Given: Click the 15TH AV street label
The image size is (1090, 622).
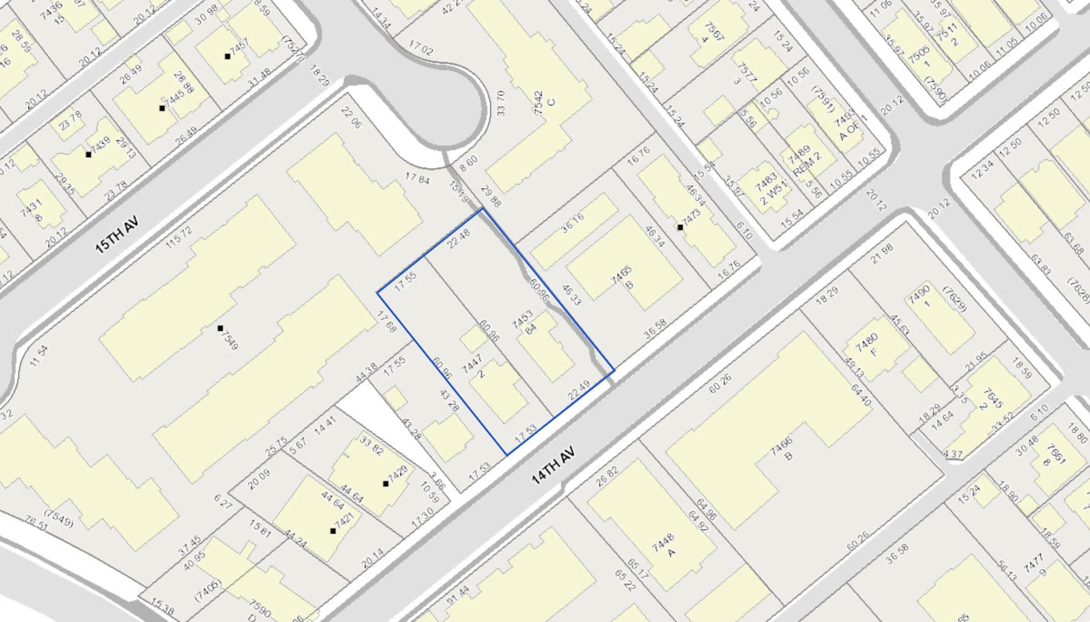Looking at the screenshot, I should coord(118,234).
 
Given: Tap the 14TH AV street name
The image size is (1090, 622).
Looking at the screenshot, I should coord(554,465).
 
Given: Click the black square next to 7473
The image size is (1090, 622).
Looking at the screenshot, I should coord(680,227).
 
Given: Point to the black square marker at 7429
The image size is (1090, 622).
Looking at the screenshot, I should coord(386,483).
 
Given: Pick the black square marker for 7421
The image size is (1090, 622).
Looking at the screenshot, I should coord(333,531).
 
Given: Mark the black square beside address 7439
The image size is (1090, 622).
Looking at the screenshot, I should coord(88,155).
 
